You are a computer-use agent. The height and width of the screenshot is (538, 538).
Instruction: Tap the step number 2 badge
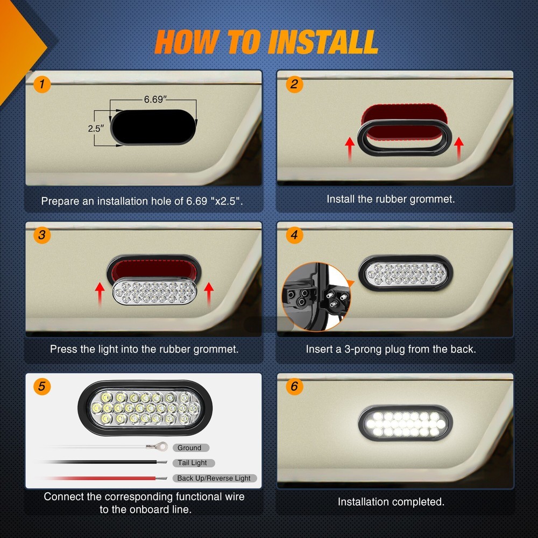click(x=294, y=84)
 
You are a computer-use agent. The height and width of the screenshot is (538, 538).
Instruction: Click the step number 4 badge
click(x=294, y=235)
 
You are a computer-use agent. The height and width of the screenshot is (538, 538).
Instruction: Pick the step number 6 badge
click(x=294, y=386)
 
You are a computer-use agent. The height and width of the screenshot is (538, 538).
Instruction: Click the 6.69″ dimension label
click(x=154, y=100)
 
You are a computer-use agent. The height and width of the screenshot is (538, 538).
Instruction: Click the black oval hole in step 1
click(x=154, y=128)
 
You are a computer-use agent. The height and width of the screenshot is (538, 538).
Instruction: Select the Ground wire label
click(x=190, y=448)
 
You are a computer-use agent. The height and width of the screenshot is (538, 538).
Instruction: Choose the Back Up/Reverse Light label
click(x=214, y=478)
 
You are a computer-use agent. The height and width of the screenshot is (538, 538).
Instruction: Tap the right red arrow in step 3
click(x=209, y=295)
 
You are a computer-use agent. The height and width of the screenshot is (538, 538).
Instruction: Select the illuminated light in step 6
click(x=405, y=423)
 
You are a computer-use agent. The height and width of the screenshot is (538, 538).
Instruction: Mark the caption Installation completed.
click(x=391, y=502)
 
